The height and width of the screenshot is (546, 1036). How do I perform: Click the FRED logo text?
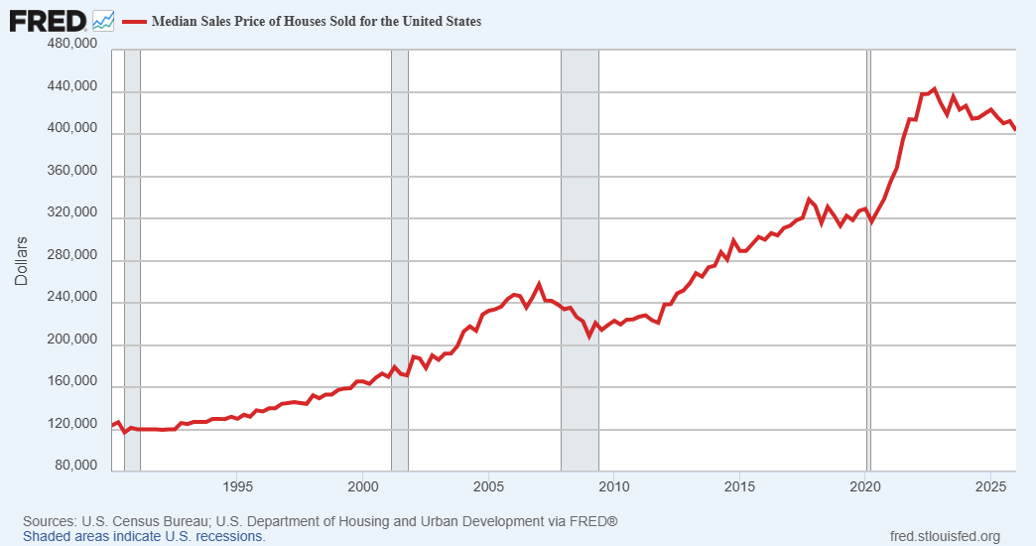coord(48,21)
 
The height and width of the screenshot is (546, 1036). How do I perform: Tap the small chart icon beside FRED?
coord(103,21)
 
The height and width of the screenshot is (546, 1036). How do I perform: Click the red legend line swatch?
coord(134,22)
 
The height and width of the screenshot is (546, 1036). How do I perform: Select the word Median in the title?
coord(174,21)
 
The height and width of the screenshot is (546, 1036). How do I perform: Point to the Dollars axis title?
coord(21,260)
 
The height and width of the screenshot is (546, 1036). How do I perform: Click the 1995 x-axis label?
coord(237,487)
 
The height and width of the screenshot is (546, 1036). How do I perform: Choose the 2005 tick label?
coord(488,487)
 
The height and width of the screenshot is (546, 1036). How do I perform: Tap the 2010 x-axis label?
coord(614,487)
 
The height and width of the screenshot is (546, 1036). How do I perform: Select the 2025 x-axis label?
coord(990,487)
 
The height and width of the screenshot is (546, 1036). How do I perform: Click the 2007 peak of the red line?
coord(539,284)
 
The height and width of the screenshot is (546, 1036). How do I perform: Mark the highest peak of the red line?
coord(934,88)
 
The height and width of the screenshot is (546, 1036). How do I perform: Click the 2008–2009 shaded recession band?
coord(581,260)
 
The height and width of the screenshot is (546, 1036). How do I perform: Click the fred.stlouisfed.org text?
coord(945,536)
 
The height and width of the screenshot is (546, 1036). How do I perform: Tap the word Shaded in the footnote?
coord(44,536)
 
